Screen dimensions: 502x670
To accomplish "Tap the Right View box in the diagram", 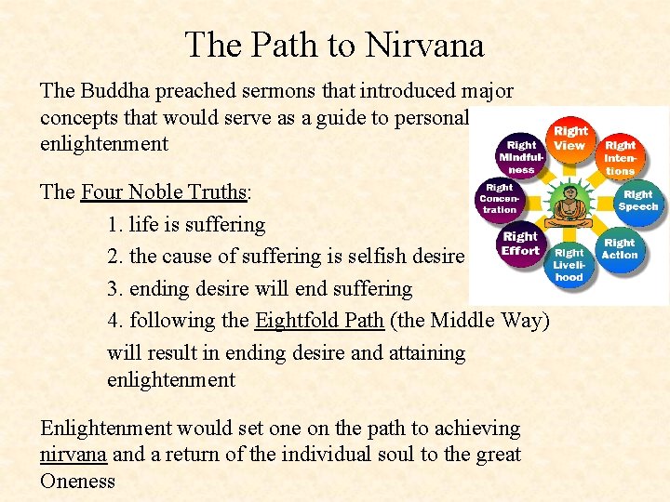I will [x=569, y=139].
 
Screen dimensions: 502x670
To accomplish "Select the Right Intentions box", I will [x=620, y=157].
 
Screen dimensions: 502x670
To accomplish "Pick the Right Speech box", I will [x=637, y=201].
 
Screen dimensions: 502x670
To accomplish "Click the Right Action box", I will [x=619, y=248].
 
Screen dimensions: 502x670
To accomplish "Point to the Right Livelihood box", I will [x=569, y=264].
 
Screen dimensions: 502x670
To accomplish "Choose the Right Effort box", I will [x=520, y=244].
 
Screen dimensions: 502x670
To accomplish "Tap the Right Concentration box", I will [x=500, y=198].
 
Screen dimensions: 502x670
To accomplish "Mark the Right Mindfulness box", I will [x=521, y=157].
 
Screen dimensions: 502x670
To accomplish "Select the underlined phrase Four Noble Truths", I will [x=164, y=192].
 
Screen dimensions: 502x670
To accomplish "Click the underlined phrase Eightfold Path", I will [x=319, y=321].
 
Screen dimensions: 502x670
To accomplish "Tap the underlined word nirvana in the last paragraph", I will [x=74, y=455].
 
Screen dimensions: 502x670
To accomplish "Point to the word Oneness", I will [x=77, y=482].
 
